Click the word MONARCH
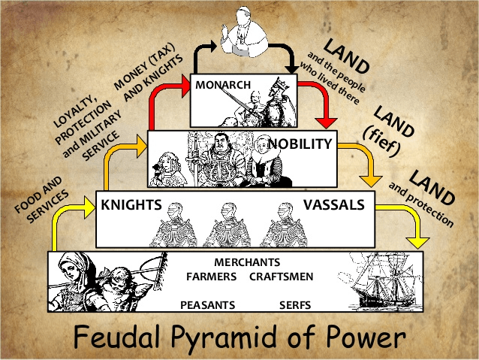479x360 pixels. click(223, 85)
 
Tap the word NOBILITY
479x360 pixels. click(300, 144)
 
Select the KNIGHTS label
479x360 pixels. click(131, 205)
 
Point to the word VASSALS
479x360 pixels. click(334, 204)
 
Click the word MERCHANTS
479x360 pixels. click(247, 262)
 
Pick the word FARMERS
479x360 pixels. click(212, 277)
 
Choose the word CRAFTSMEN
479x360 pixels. click(282, 277)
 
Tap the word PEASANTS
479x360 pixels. click(208, 305)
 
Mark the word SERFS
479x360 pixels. click(295, 305)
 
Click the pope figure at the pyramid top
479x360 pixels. click(245, 32)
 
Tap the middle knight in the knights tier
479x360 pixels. click(228, 225)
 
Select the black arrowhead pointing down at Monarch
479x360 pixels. click(292, 68)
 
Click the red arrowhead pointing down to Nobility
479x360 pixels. click(327, 123)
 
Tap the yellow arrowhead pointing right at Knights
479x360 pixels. click(89, 207)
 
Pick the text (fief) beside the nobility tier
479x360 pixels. click(381, 140)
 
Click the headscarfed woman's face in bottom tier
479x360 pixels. click(71, 270)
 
